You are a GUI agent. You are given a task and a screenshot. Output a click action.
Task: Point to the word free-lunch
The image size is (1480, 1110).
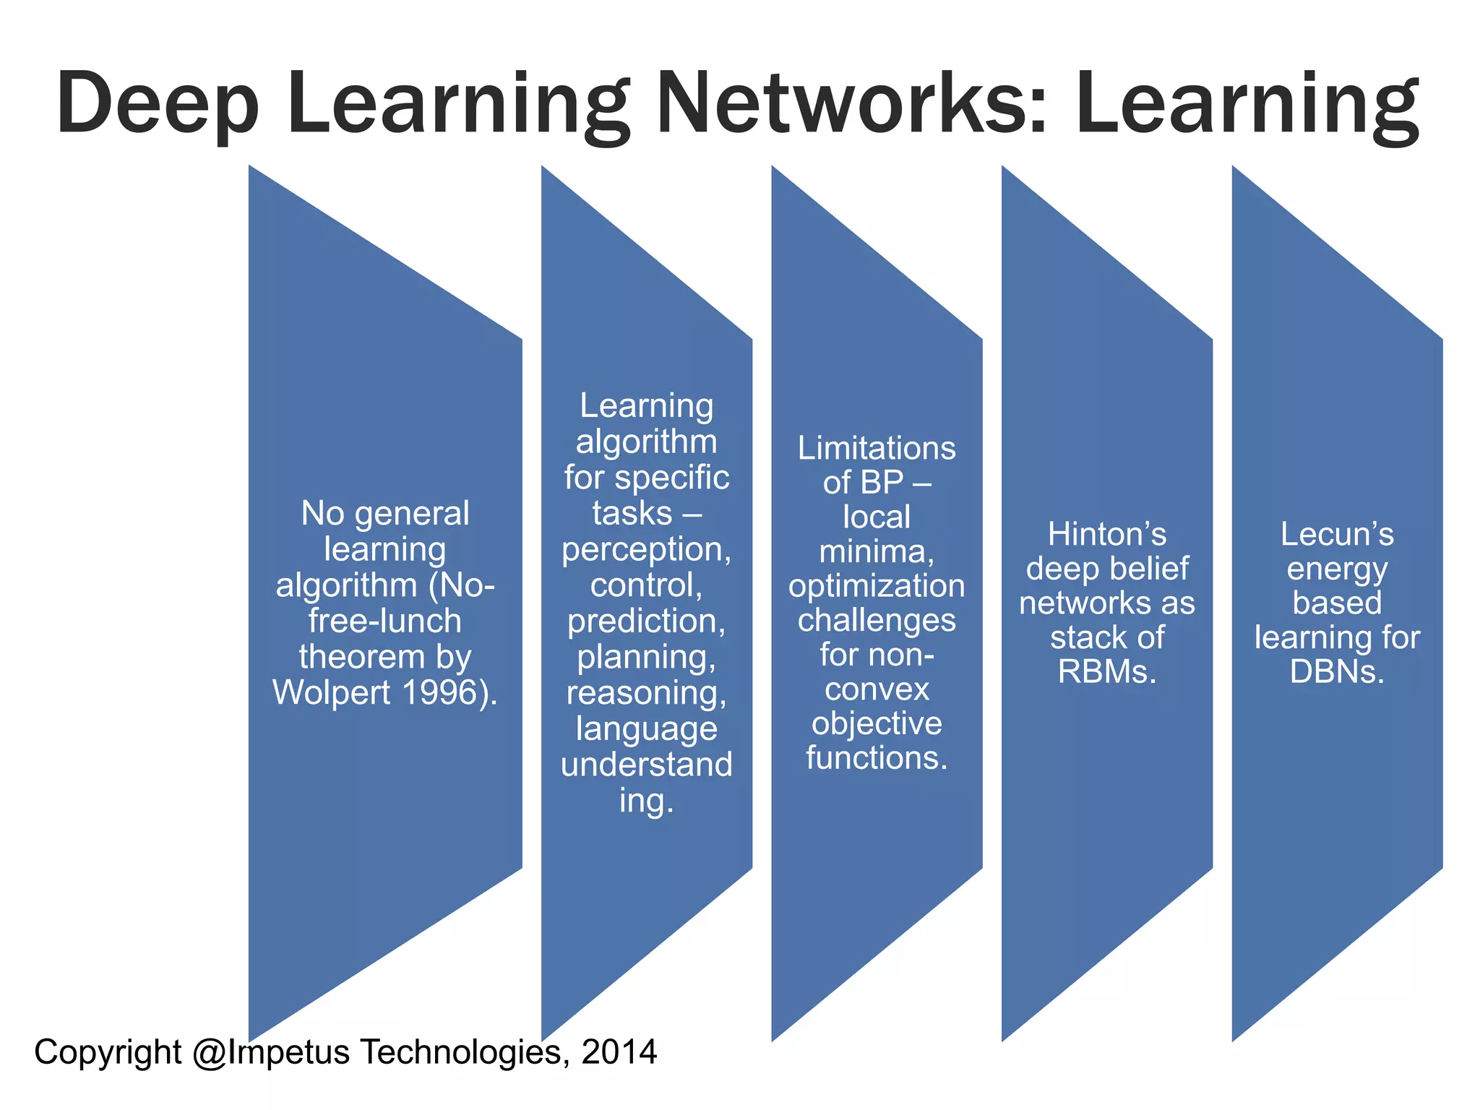384,621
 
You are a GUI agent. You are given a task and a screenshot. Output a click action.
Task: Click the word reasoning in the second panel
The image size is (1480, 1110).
643,692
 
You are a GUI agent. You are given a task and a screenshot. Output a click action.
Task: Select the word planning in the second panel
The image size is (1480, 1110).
643,657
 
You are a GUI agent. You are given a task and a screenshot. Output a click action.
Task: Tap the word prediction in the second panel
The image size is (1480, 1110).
643,621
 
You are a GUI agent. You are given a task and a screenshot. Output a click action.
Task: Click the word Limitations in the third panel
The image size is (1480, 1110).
877,448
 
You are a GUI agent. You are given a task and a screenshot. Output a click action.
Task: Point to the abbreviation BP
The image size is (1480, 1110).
883,483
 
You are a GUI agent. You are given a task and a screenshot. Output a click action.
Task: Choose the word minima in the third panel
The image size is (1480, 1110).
874,551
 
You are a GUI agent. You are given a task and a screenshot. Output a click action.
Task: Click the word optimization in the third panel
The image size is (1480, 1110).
877,586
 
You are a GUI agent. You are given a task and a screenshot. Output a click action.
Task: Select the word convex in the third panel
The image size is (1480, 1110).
877,689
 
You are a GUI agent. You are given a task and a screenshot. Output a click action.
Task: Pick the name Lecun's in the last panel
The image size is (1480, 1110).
1337,534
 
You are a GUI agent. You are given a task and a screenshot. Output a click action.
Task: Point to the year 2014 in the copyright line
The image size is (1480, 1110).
619,1051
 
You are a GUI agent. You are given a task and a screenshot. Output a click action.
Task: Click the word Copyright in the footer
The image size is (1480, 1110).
108,1052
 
